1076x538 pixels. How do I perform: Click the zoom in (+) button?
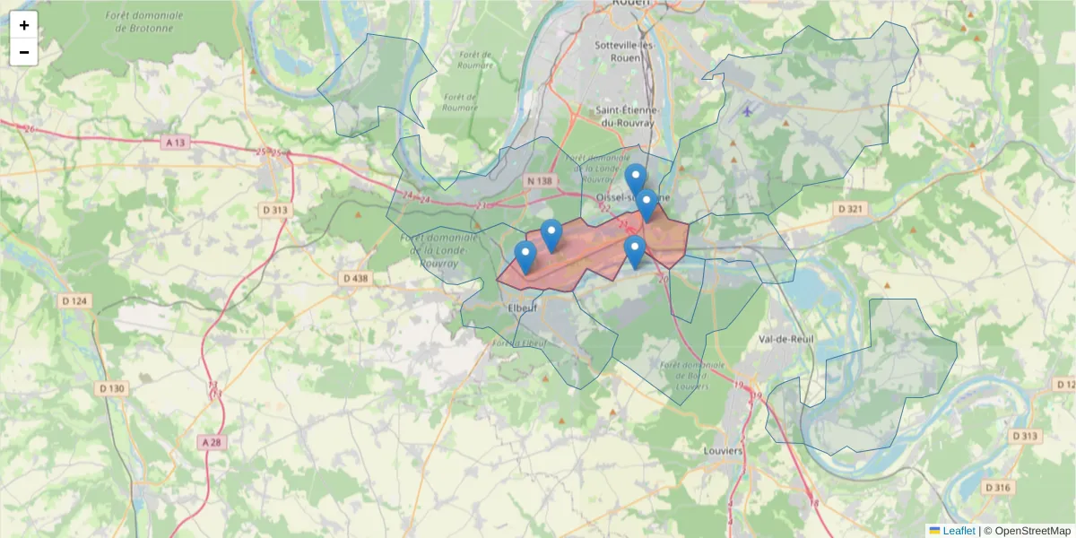24,25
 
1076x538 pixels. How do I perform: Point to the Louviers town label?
724,451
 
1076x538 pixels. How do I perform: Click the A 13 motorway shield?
176,143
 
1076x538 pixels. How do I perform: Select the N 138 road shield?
541,181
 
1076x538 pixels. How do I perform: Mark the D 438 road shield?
355,279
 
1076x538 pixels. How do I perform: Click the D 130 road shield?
112,388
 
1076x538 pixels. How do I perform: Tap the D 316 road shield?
997,487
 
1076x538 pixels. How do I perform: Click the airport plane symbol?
748,111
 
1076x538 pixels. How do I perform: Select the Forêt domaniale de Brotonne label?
143,22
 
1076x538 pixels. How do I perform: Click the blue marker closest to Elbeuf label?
525,257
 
